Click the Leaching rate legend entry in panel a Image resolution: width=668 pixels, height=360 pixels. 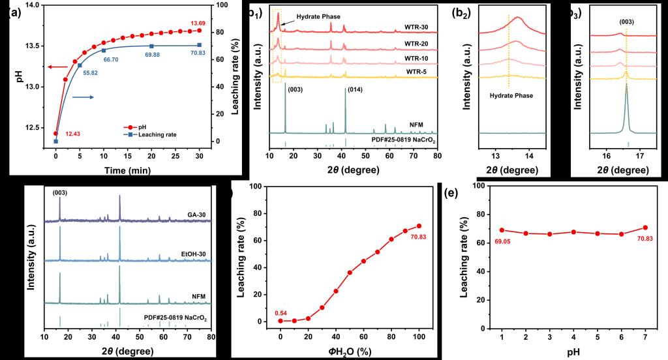tap(173, 134)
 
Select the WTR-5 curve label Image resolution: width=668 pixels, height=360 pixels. tap(416, 71)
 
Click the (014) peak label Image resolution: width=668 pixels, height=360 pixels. tap(356, 89)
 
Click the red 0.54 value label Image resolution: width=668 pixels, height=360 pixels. tap(282, 313)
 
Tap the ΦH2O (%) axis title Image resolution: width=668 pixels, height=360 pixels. tap(350, 352)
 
